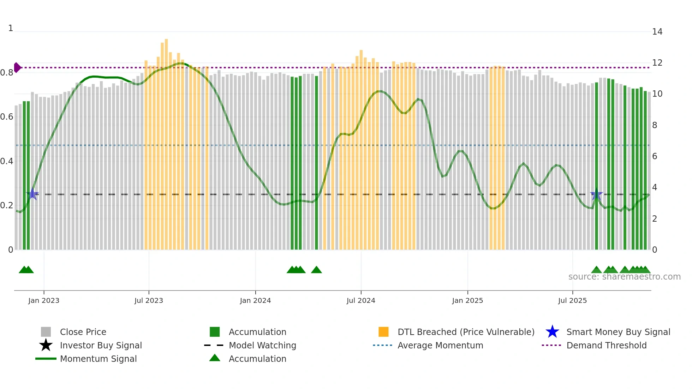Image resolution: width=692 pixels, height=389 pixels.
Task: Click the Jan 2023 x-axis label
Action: click(44, 301)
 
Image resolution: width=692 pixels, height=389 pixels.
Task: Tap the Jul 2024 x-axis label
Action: click(361, 301)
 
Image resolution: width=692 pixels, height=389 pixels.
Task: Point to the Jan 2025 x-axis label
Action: click(467, 301)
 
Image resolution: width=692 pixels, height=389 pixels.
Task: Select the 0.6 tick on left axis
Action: click(7, 117)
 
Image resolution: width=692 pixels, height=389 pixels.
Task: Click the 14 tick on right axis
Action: click(657, 32)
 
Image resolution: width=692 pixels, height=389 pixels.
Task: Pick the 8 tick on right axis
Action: click(655, 125)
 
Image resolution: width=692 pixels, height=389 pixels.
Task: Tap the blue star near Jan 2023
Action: click(33, 194)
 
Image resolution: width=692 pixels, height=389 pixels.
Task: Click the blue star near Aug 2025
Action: click(596, 194)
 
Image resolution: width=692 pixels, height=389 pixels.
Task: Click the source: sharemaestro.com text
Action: click(624, 277)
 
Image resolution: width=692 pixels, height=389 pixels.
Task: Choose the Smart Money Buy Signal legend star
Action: click(552, 332)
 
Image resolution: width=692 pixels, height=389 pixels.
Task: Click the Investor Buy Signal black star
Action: click(46, 345)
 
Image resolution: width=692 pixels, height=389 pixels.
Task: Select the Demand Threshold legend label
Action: click(606, 345)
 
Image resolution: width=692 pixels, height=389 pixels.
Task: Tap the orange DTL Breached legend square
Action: click(383, 332)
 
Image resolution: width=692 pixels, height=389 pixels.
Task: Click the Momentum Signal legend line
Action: click(46, 359)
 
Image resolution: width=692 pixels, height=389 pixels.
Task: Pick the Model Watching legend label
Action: click(262, 345)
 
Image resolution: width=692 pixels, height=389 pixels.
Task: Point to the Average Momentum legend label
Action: click(440, 345)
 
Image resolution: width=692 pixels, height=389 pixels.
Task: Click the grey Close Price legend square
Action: click(46, 332)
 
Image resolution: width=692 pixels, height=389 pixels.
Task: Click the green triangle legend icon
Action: click(215, 358)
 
